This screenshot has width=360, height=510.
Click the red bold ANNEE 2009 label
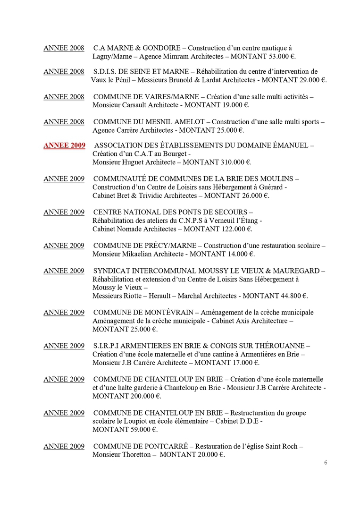pyautogui.click(x=64, y=145)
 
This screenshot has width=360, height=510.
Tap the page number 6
pyautogui.click(x=326, y=463)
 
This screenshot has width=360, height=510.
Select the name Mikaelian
pyautogui.click(x=141, y=254)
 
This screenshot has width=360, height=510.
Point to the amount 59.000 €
pyautogui.click(x=143, y=430)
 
